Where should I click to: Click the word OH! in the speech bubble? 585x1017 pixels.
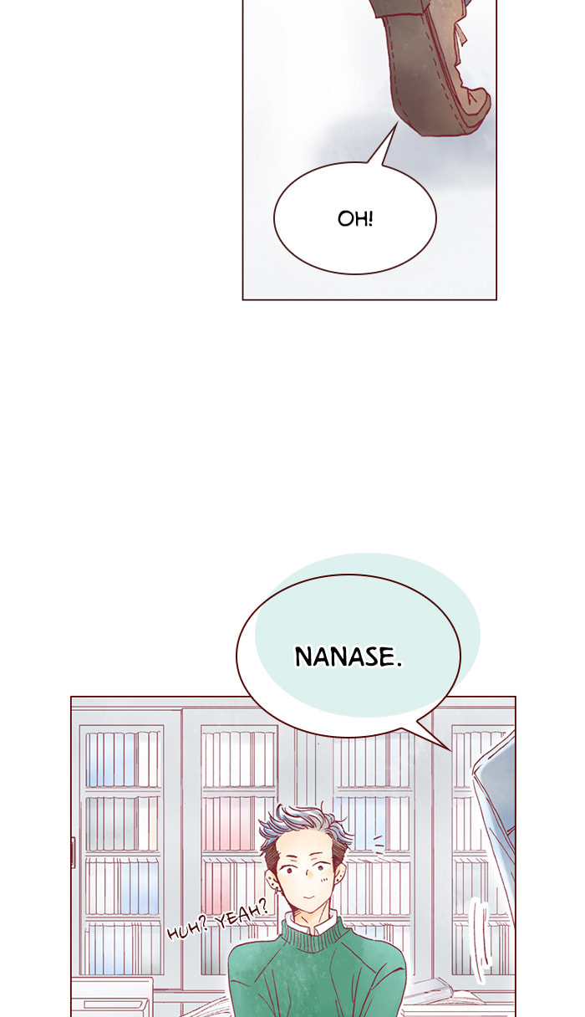click(355, 219)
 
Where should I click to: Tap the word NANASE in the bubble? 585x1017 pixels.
click(344, 657)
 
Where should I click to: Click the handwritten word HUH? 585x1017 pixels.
click(187, 929)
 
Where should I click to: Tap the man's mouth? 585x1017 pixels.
click(308, 897)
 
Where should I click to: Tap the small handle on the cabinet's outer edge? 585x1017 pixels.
click(73, 851)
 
